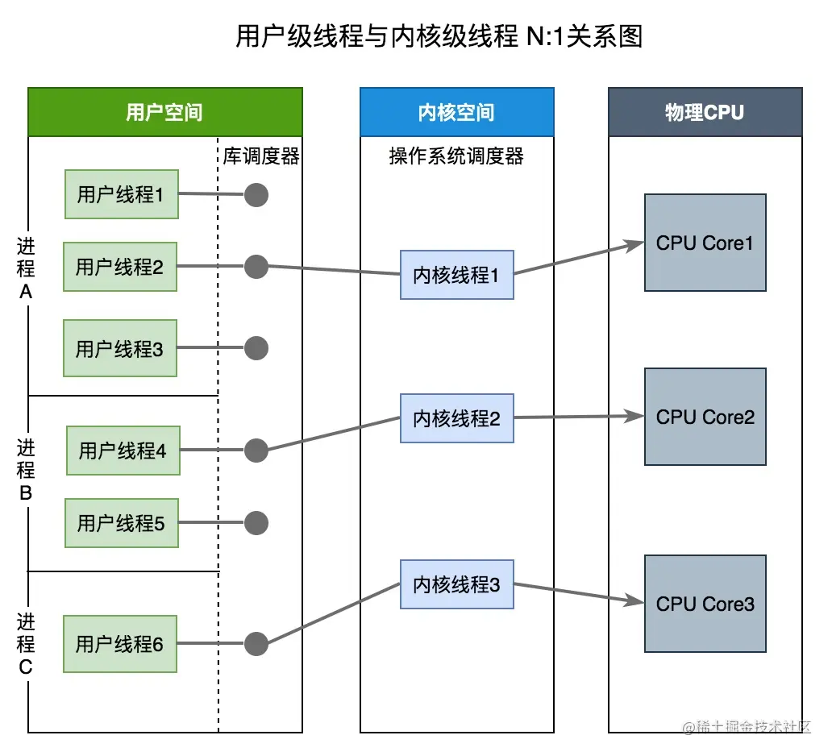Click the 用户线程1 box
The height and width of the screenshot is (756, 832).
[122, 194]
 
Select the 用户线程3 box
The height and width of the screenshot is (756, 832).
[120, 348]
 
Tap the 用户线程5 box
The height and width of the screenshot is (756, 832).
[122, 523]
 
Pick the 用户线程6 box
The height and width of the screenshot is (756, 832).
[120, 644]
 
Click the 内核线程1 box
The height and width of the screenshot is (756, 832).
[457, 275]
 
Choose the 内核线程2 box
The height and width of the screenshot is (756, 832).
[457, 418]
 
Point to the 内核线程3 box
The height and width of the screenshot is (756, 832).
[457, 584]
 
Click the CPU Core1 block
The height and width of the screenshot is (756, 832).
[705, 243]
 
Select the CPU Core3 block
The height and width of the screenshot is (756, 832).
[705, 604]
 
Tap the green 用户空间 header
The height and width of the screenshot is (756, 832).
[165, 112]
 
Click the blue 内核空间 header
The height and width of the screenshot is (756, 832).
[457, 112]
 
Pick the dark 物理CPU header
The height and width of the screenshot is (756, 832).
[705, 112]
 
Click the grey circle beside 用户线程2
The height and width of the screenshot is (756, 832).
[256, 266]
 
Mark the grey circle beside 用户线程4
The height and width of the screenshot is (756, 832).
[256, 451]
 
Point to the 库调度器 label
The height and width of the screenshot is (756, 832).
[261, 156]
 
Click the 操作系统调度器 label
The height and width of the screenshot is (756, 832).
[456, 156]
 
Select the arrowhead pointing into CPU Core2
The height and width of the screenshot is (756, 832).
[634, 416]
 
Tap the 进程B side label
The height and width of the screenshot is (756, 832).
[26, 471]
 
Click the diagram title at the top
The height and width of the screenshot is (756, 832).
[439, 36]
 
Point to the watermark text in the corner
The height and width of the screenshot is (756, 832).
[747, 727]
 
